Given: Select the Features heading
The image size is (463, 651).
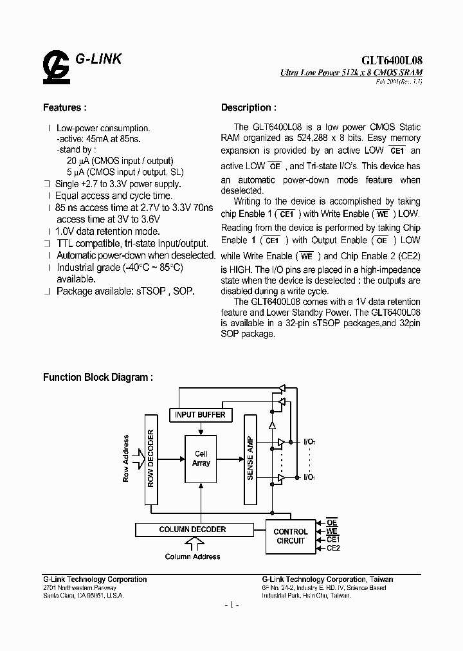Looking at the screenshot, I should tap(64, 107).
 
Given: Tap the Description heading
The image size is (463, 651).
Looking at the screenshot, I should tap(249, 107).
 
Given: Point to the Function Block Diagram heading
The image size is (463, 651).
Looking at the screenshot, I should tap(98, 378).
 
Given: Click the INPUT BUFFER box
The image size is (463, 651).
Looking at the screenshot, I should tap(200, 415).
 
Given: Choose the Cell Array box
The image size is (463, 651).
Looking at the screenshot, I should tap(201, 459).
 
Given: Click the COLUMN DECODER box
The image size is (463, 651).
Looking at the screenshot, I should tap(192, 529).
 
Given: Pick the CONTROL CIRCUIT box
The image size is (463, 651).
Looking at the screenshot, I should tap(291, 536).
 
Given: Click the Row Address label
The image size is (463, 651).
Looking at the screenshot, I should tap(126, 459).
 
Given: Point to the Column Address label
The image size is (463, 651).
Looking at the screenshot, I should tap(192, 556).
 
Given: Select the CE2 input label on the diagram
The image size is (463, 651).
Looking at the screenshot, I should tap(333, 547).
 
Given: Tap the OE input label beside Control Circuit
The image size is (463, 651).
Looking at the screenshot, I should tap(332, 522).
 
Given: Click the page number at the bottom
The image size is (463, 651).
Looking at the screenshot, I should tap(232, 605).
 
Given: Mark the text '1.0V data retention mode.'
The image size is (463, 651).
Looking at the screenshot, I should tap(107, 231).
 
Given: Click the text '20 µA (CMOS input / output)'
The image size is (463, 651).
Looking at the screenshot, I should tap(120, 161).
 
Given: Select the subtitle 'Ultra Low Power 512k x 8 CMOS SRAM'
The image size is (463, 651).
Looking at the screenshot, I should tap(351, 75).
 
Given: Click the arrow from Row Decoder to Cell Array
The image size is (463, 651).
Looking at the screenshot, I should tap(170, 459).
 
